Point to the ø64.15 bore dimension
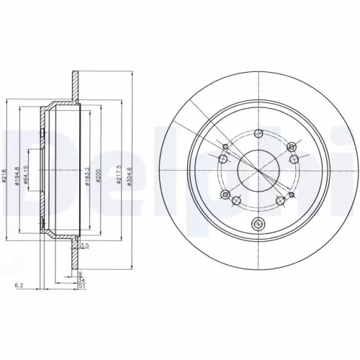click(x=26, y=175)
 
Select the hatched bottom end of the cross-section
click(x=74, y=258)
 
